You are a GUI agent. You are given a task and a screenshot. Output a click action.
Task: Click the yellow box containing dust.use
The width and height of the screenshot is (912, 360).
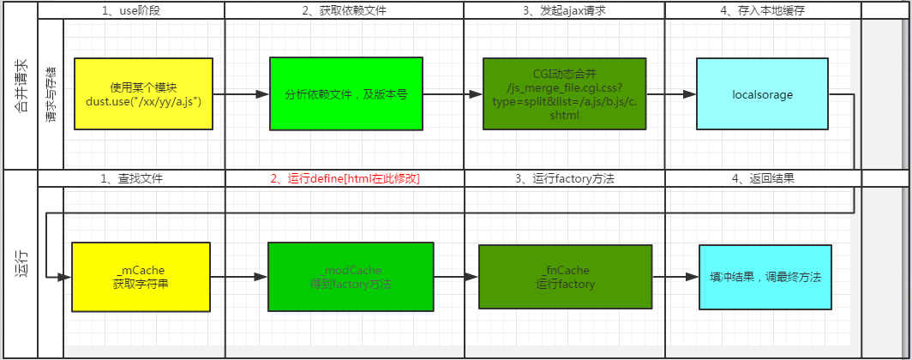pyautogui.click(x=143, y=93)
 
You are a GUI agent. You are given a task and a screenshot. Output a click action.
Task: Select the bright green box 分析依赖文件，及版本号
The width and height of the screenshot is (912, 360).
pyautogui.click(x=345, y=93)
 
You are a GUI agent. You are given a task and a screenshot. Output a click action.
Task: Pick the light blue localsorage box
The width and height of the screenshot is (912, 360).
pyautogui.click(x=762, y=93)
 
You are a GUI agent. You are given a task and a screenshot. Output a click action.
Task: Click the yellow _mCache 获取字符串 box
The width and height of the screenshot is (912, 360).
pyautogui.click(x=141, y=276)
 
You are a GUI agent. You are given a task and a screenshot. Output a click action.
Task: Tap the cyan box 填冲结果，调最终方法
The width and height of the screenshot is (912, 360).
pyautogui.click(x=765, y=277)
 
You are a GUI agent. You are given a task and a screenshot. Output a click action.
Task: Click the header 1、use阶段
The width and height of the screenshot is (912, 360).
pyautogui.click(x=131, y=10)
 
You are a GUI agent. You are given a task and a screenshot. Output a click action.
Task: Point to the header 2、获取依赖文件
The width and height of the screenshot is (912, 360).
pyautogui.click(x=345, y=10)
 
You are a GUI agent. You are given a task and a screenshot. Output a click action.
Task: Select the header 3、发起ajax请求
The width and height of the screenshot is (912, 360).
pyautogui.click(x=564, y=10)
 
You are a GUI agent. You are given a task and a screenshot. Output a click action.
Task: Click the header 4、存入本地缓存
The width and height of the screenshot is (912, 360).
pyautogui.click(x=763, y=10)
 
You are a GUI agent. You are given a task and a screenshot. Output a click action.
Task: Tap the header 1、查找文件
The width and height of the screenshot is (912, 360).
pyautogui.click(x=131, y=179)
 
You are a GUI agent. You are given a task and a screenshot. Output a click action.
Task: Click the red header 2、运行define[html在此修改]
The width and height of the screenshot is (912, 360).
pyautogui.click(x=345, y=179)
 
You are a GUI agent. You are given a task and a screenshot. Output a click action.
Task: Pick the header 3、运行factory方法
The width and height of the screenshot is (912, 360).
pyautogui.click(x=564, y=179)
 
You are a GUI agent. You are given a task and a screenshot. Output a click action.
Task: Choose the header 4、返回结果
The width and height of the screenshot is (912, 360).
pyautogui.click(x=763, y=179)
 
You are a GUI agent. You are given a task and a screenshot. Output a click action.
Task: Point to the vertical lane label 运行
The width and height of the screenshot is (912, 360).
pyautogui.click(x=20, y=264)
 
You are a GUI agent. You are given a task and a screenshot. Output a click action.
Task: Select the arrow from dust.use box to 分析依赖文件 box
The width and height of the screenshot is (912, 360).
pyautogui.click(x=241, y=94)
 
